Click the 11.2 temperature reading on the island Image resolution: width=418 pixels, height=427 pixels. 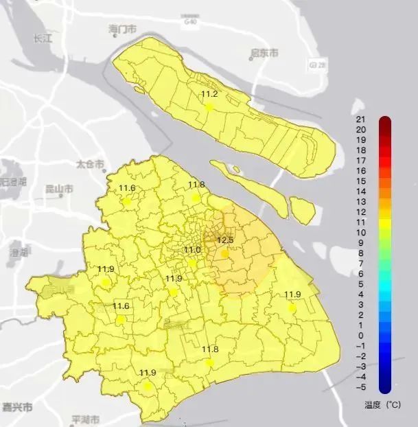click(209, 94)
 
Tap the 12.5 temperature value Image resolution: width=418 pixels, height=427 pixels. click(225, 240)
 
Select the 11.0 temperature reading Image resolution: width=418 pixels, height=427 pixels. click(192, 250)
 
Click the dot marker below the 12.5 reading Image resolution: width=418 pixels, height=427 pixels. click(224, 253)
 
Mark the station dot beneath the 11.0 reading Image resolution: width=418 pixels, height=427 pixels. click(192, 262)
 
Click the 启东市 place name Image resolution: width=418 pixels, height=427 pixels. click(264, 53)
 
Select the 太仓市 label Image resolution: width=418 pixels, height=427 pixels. click(90, 165)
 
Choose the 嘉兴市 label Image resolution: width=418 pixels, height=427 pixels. click(17, 406)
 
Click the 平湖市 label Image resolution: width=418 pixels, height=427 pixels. click(86, 419)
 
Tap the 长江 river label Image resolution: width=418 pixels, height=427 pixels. click(43, 39)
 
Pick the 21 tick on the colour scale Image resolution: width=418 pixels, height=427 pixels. click(360, 119)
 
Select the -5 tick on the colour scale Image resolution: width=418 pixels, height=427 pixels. click(360, 387)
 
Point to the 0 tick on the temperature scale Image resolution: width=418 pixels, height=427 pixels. click(360, 335)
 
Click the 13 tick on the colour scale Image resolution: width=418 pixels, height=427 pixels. click(360, 201)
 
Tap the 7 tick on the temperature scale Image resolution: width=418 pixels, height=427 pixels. click(360, 263)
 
